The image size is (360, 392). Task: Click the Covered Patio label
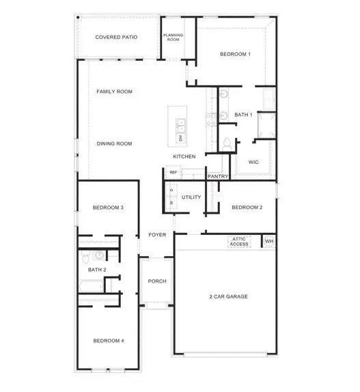pos(116,37)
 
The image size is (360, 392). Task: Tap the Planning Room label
pos(173,37)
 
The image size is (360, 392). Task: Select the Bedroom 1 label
pos(235,54)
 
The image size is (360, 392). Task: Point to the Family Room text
pos(114,92)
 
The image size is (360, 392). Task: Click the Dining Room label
pos(114,143)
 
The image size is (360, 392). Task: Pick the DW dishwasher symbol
pos(180,139)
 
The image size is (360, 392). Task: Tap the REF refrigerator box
pos(174,173)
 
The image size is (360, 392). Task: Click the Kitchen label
pos(184,156)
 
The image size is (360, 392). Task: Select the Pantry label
pos(218,176)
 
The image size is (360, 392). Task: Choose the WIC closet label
pos(253,163)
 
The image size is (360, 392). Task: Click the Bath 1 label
pos(244,115)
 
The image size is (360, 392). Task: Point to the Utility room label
pos(191,197)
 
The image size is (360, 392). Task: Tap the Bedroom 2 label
pos(247,208)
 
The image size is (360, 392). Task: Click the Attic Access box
pos(239,242)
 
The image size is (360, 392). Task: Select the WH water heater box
pos(268,242)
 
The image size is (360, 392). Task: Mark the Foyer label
pos(158,235)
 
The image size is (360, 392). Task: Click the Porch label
pos(158,281)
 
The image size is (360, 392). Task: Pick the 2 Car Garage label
pos(228,296)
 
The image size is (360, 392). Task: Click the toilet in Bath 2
pos(85,257)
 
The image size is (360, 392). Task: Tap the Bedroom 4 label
pos(108,341)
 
